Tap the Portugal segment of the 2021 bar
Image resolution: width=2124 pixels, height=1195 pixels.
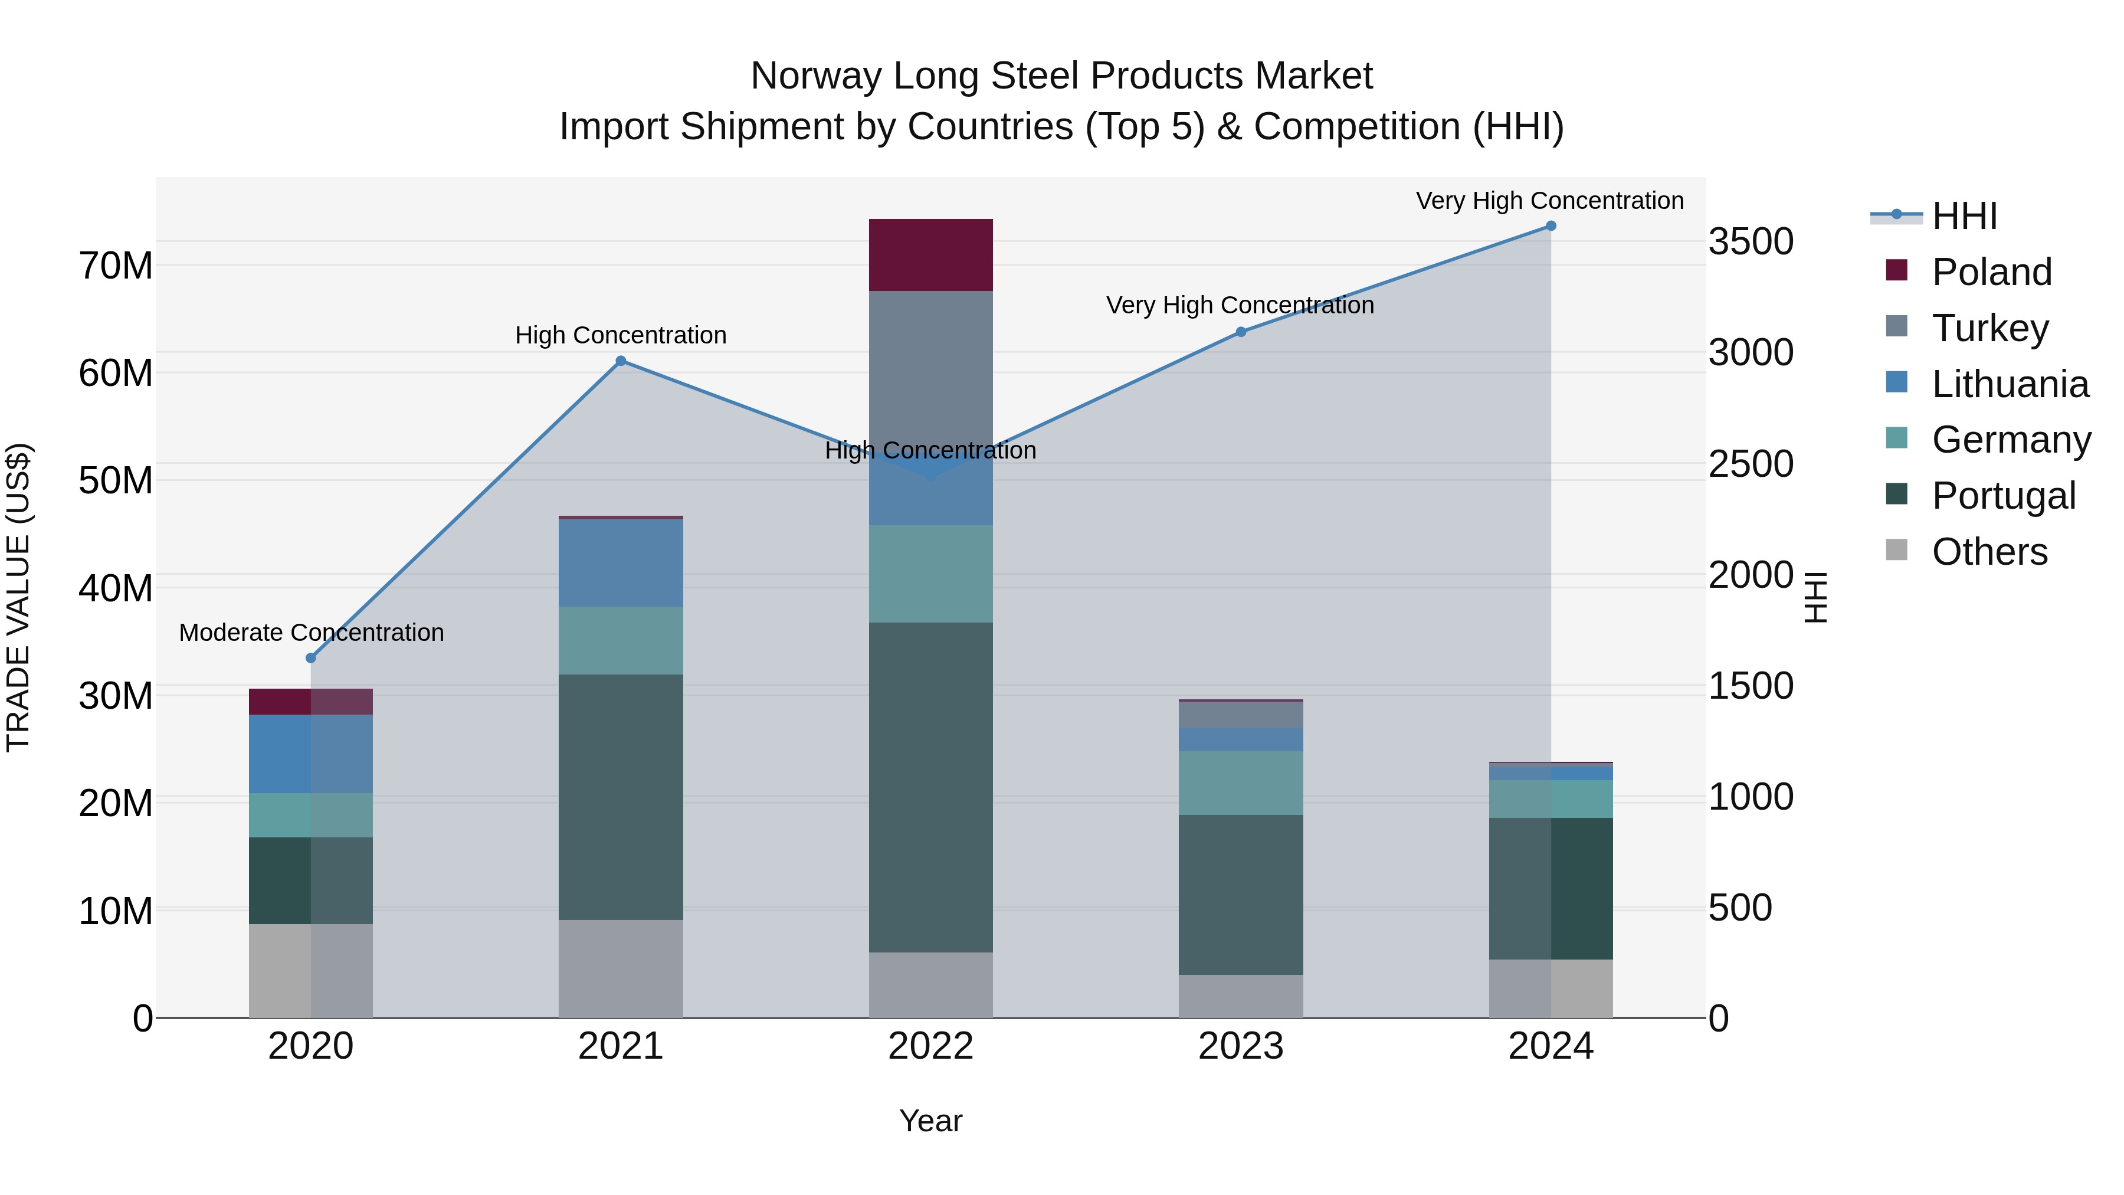[620, 797]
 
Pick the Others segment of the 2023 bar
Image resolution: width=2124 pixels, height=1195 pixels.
[1240, 996]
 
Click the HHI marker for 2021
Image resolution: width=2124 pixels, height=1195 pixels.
[621, 361]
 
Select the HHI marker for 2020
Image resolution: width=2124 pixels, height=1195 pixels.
[311, 658]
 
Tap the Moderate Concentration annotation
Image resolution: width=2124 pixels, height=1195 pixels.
[311, 633]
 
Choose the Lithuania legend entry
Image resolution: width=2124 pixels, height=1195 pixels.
[2010, 384]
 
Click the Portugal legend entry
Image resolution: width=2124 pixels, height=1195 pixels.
[2003, 496]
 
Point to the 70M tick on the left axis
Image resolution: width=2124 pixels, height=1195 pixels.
[116, 266]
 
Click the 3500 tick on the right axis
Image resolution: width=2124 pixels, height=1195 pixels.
[1750, 241]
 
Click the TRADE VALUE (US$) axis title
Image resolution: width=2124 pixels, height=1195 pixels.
[18, 597]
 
